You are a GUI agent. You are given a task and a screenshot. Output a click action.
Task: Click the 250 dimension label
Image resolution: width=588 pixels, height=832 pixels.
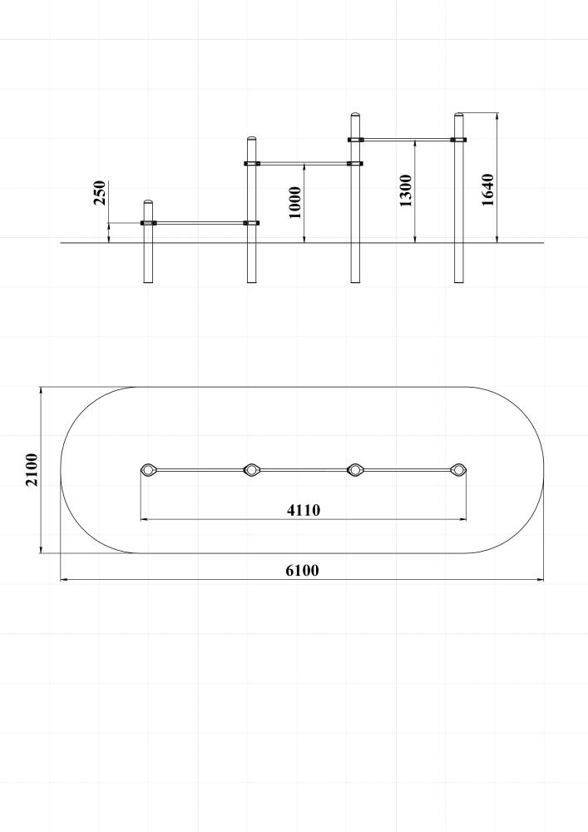99,193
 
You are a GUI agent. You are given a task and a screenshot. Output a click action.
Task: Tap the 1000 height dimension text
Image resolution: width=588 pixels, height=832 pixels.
294,202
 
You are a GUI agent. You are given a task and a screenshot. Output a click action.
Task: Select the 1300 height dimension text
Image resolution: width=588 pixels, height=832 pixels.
405,191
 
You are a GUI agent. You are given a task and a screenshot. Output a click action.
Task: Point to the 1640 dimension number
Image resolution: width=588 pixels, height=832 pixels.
487,190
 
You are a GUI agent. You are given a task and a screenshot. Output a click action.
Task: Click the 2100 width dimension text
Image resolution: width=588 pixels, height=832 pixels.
32,469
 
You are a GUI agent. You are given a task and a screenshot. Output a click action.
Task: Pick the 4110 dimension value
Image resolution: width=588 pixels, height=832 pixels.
304,510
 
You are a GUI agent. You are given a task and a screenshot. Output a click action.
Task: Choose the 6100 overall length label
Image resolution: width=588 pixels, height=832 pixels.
302,571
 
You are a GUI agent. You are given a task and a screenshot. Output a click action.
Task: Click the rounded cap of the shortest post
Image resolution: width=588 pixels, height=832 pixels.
148,203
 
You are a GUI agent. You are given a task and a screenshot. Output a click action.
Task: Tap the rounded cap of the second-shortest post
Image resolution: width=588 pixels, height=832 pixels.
252,140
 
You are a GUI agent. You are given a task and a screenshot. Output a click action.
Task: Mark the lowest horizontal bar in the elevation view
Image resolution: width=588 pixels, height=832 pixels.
200,223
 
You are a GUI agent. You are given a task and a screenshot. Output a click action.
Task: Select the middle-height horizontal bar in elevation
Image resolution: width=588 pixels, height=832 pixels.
304,163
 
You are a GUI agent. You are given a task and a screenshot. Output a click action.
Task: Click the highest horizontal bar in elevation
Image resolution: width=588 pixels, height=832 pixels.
408,140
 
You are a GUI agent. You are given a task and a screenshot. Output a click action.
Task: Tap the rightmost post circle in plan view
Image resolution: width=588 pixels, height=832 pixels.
457,469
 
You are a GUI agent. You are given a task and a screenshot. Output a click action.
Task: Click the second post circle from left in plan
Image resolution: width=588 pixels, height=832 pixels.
252,469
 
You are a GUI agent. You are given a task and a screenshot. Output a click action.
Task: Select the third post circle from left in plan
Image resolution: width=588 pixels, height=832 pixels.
354,469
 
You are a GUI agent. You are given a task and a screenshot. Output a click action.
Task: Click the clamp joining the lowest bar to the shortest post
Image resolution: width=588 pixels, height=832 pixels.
149,223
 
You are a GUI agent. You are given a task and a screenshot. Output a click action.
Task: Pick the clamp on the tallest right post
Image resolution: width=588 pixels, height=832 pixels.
458,140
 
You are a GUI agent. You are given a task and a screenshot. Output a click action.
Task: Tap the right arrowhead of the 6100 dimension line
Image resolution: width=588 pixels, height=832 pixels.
541,579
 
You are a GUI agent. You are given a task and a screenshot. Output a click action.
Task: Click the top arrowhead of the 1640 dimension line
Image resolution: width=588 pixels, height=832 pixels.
497,116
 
